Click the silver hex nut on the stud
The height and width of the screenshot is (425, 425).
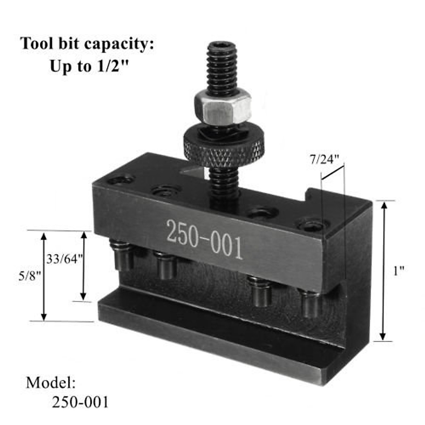(222, 107)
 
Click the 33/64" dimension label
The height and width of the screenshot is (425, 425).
(64, 259)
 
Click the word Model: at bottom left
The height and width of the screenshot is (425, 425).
(51, 382)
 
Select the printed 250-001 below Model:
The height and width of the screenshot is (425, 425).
(80, 402)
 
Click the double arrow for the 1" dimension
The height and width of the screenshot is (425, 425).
(383, 271)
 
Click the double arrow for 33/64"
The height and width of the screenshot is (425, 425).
(84, 266)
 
